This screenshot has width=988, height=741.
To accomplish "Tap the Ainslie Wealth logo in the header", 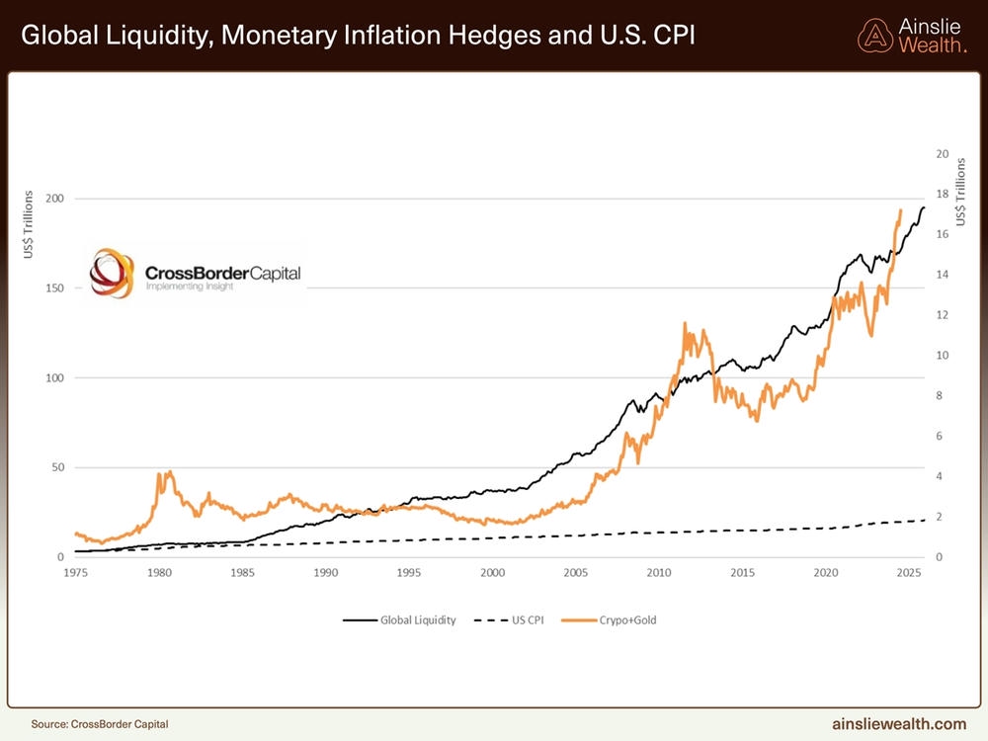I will [x=912, y=36].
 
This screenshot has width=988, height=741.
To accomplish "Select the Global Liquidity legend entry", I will [x=400, y=620].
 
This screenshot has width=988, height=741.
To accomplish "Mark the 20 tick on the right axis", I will [x=942, y=154].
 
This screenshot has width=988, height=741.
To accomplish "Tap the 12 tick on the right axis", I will [x=942, y=315].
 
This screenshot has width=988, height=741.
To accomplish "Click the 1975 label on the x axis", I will [x=75, y=573].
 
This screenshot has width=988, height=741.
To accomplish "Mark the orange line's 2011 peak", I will [x=684, y=323].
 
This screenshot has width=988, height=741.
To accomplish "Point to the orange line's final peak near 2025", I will [x=900, y=209].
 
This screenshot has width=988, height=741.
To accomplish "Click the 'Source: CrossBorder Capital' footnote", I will [x=92, y=723].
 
